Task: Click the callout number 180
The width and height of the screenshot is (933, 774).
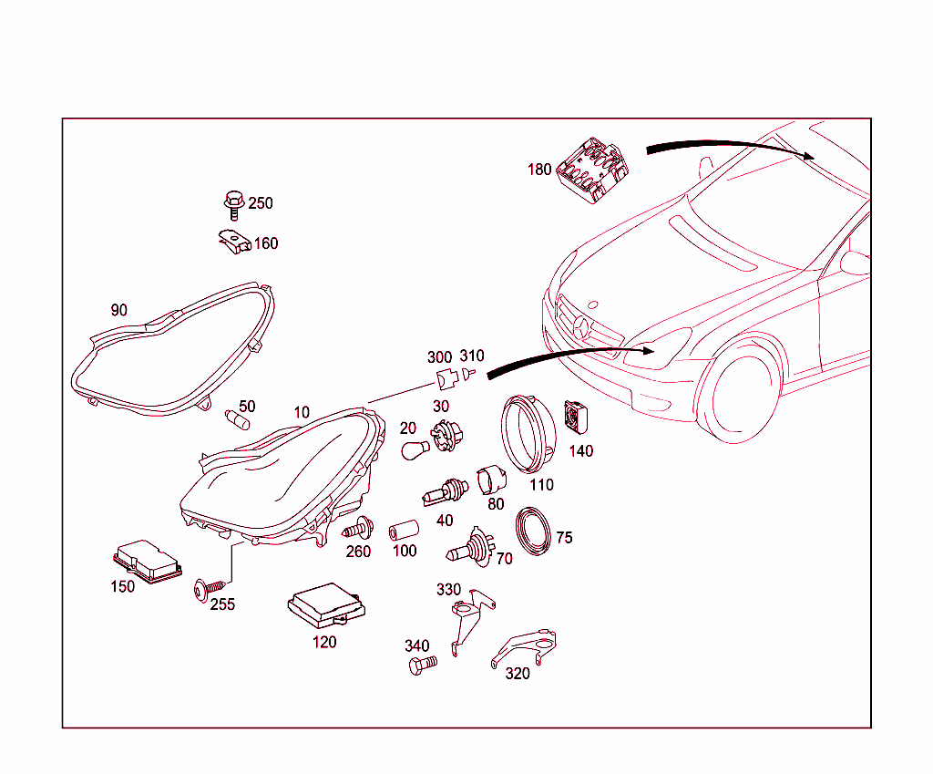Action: tap(539, 170)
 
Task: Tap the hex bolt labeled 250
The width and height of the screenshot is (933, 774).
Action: tap(234, 205)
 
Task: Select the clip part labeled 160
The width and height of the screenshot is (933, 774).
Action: tap(234, 242)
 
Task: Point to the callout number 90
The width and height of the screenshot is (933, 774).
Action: tap(119, 310)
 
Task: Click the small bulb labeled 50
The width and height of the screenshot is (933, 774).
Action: tap(238, 419)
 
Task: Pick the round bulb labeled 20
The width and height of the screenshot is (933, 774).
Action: tap(415, 449)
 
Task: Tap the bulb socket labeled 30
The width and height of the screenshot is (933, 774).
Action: tap(446, 435)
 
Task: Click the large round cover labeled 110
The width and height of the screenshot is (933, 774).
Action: tap(528, 433)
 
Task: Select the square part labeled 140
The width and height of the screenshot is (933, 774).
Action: tap(576, 417)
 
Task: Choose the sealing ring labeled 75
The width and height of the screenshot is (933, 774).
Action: tap(533, 531)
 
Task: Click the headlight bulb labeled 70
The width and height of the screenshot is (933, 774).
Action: tap(471, 547)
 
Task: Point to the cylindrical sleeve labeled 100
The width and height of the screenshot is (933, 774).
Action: tap(404, 531)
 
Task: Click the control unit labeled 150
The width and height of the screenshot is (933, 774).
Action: tap(148, 562)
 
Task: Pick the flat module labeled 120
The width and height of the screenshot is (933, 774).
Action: tap(326, 606)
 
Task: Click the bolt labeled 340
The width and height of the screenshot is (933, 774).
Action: tap(423, 665)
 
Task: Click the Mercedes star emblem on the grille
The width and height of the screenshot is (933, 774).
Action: tap(581, 328)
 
